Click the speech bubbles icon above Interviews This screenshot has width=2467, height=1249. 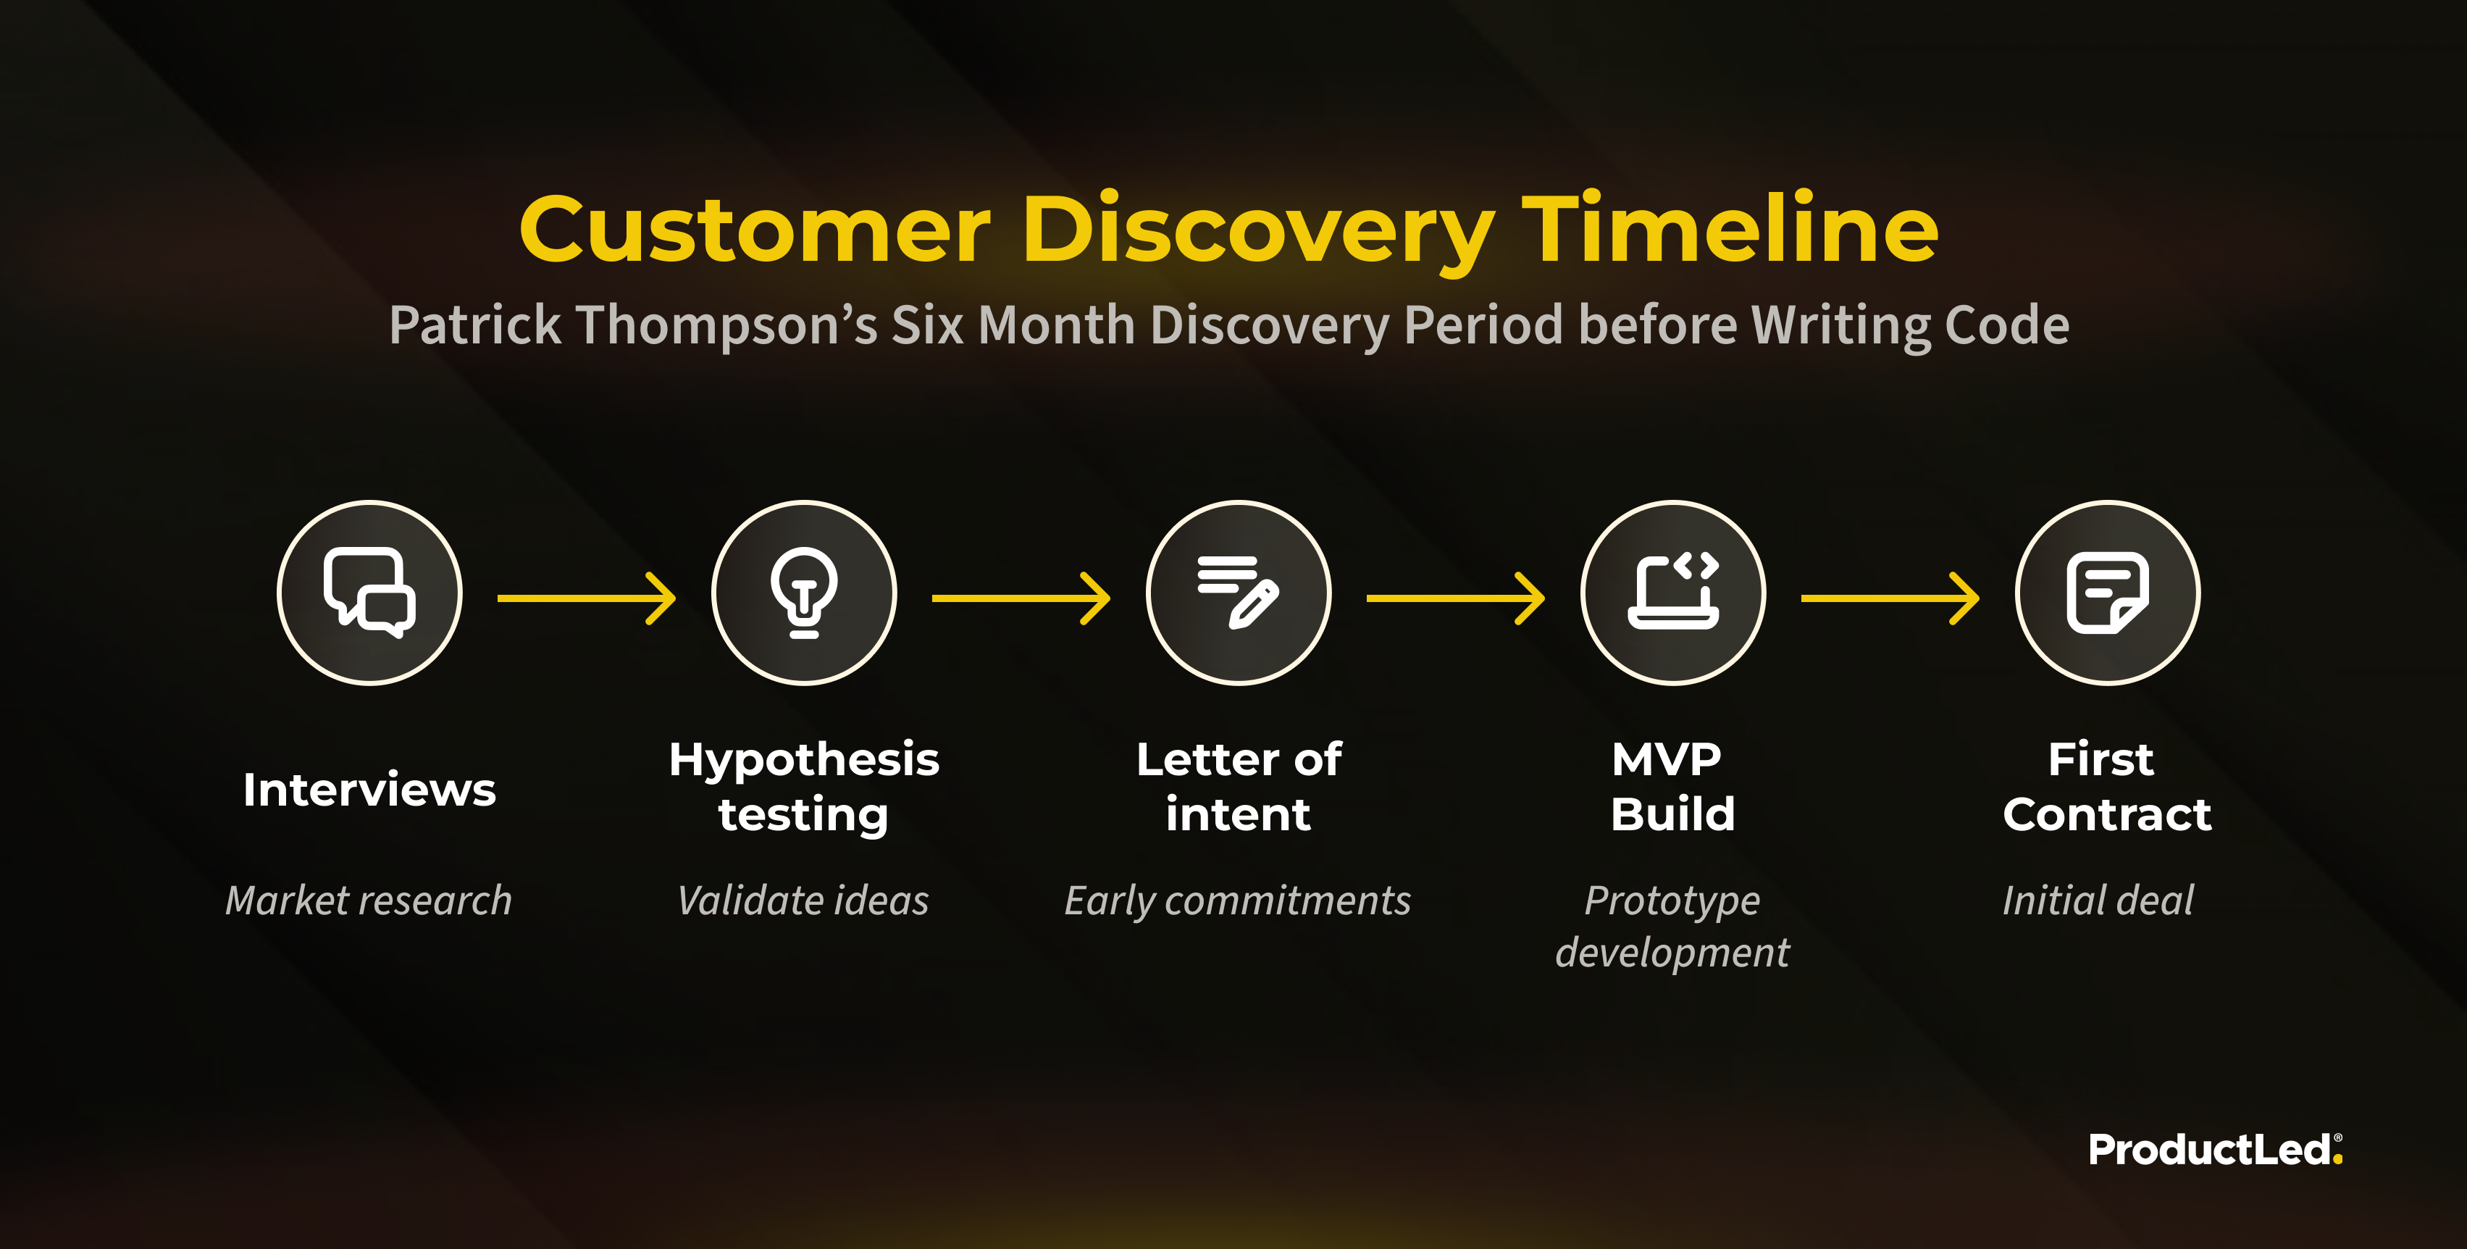pos(369,592)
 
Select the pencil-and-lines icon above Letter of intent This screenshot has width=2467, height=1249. pos(1239,592)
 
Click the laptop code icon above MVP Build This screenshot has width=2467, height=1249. pos(1673,592)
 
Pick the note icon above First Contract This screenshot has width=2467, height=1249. pos(2108,593)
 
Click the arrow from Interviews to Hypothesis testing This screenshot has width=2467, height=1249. pos(586,598)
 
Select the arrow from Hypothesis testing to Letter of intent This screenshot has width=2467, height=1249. pos(1021,598)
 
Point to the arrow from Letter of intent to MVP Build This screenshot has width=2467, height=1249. pos(1456,598)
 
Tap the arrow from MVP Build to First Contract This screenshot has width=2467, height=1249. pos(1890,598)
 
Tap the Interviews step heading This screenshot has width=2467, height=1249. pos(369,790)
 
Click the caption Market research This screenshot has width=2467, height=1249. pos(369,901)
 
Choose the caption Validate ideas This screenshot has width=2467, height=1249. pos(803,901)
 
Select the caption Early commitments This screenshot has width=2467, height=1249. pos(1239,901)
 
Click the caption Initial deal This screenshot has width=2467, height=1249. pos(2098,901)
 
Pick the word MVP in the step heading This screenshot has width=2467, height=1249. pos(1667,759)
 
